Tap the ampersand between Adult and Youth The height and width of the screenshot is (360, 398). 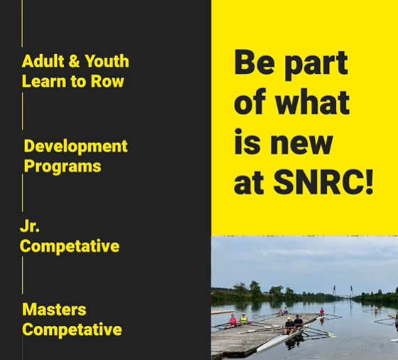click(74, 61)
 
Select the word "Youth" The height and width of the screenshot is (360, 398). click(107, 61)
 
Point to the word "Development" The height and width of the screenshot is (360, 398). click(75, 147)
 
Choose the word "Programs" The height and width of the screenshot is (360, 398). click(63, 166)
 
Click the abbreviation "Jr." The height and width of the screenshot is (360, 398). click(30, 226)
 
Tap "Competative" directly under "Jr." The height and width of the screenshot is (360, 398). click(70, 246)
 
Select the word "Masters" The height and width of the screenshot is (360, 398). click(54, 309)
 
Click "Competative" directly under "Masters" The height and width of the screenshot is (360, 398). click(72, 329)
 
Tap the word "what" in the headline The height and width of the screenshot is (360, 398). click(312, 102)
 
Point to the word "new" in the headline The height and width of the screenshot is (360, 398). click(301, 144)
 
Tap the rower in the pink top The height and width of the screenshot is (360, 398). click(232, 320)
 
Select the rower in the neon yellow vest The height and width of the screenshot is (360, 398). click(243, 319)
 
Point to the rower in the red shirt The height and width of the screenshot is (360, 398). click(322, 312)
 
